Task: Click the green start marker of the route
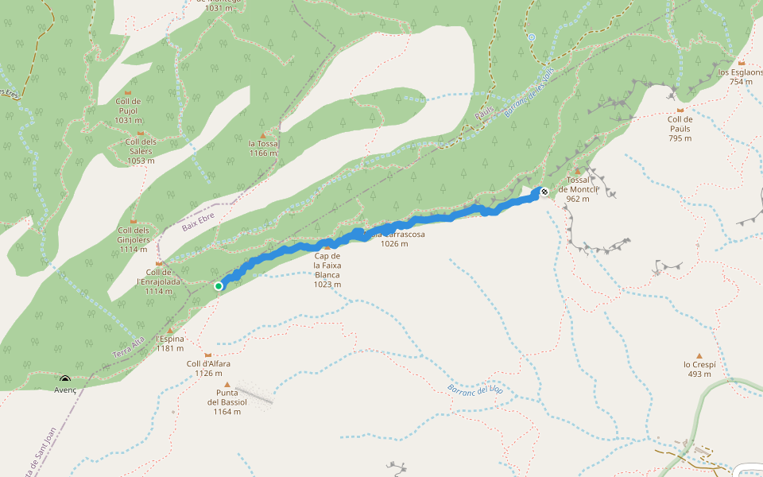pyautogui.click(x=219, y=285)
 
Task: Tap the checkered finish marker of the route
pyautogui.click(x=544, y=191)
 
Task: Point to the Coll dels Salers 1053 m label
pyautogui.click(x=141, y=151)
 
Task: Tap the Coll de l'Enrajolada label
pyautogui.click(x=159, y=281)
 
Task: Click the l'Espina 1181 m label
pyautogui.click(x=170, y=343)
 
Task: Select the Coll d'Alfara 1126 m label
pyautogui.click(x=208, y=368)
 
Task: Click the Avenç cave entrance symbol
pyautogui.click(x=65, y=379)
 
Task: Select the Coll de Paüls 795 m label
pyautogui.click(x=680, y=129)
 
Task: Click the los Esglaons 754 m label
pyautogui.click(x=741, y=76)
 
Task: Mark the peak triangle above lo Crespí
pyautogui.click(x=699, y=355)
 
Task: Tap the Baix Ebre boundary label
pyautogui.click(x=199, y=222)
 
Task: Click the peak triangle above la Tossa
pyautogui.click(x=263, y=135)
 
